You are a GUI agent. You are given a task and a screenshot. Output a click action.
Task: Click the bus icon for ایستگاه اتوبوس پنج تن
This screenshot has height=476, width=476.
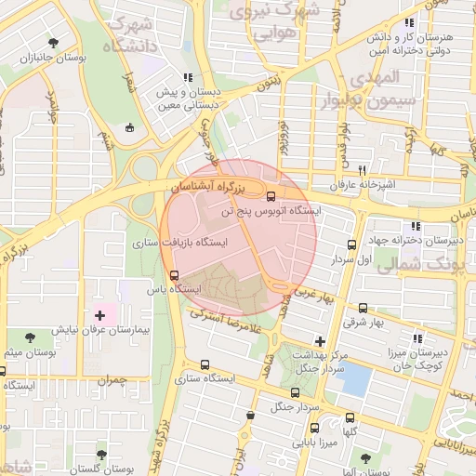pos(271,196)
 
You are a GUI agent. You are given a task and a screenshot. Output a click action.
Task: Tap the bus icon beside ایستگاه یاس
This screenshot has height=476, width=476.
pos(174,274)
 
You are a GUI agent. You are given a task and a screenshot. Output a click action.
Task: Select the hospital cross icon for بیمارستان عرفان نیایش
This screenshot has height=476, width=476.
pos(100,316)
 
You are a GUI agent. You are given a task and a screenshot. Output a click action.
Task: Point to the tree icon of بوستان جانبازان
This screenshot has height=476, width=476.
pos(53,43)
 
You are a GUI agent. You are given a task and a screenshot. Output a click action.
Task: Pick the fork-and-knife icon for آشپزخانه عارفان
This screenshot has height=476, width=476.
pos(364,170)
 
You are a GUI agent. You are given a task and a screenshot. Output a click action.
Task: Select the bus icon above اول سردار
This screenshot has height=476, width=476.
pos(351,245)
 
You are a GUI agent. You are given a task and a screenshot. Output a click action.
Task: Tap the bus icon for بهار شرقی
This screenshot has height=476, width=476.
pos(362,308)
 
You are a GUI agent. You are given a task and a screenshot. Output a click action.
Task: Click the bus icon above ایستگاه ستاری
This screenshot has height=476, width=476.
pos(205,364)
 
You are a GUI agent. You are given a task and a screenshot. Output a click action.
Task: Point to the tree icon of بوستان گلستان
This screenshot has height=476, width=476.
pos(101,455)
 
